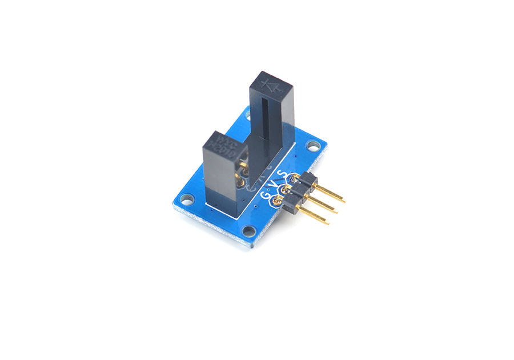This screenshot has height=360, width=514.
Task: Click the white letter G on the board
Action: (x=266, y=195)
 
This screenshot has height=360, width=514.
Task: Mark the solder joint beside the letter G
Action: (x=278, y=200)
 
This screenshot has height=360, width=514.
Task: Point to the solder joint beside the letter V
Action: (x=286, y=189)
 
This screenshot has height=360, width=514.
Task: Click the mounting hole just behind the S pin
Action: (x=313, y=146)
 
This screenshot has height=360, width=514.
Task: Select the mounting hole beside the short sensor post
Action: (x=187, y=199)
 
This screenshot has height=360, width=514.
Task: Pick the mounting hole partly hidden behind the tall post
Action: (x=247, y=114)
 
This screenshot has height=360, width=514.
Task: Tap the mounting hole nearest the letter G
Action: (x=248, y=231)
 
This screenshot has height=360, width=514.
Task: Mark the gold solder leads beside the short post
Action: (x=243, y=174)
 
